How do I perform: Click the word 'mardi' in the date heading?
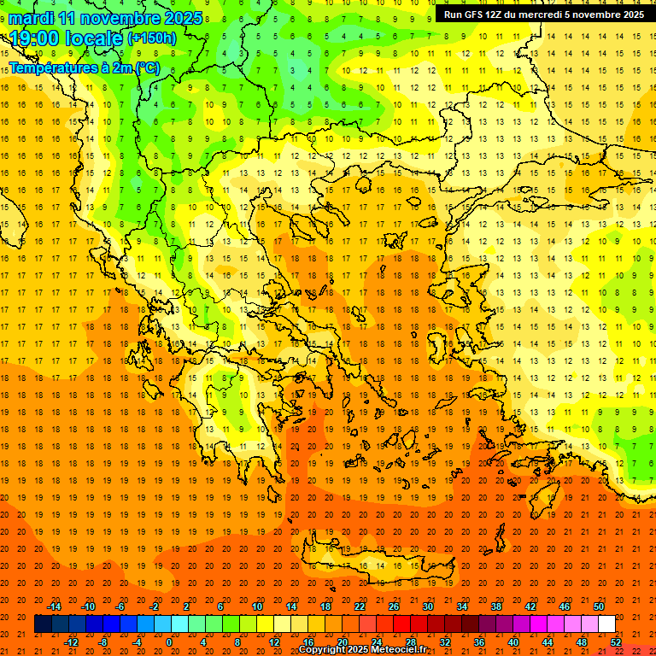click(x=33, y=18)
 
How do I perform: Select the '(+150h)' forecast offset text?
click(x=151, y=38)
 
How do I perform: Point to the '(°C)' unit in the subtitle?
click(x=146, y=67)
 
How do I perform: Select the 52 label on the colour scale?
click(x=616, y=642)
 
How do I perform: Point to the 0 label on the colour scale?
click(x=168, y=642)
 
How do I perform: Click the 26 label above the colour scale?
click(x=394, y=606)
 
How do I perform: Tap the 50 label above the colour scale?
click(x=599, y=606)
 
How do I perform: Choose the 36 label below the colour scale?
click(x=479, y=642)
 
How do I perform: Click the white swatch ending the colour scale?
click(x=607, y=624)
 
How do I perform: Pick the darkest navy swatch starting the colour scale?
click(x=44, y=624)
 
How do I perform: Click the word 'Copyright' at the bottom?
click(x=323, y=650)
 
